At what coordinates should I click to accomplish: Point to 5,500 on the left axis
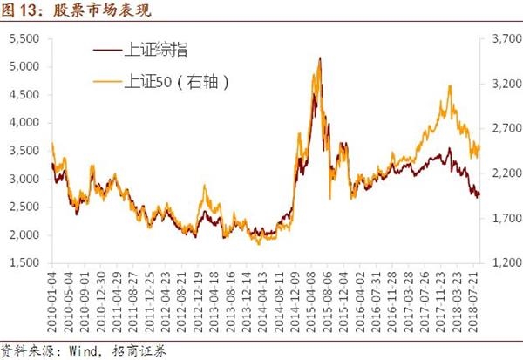click(23, 39)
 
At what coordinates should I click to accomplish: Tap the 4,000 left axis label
click(23, 123)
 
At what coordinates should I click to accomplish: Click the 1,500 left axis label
click(23, 263)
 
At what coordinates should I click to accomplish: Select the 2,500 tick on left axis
click(23, 207)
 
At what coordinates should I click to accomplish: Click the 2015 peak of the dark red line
click(319, 59)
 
